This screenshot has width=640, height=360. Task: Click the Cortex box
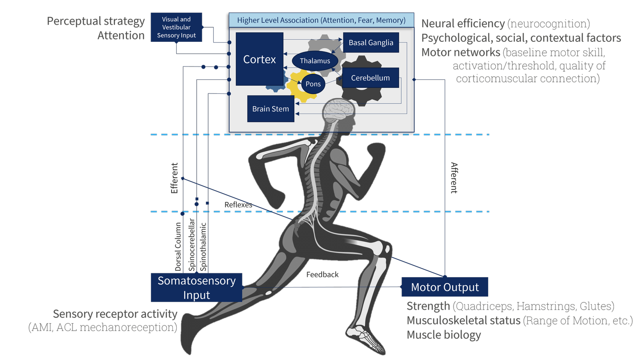[x=259, y=59]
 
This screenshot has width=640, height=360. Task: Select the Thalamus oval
[x=315, y=61]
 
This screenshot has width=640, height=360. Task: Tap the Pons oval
[x=313, y=84]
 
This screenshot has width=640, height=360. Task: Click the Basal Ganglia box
[x=371, y=43]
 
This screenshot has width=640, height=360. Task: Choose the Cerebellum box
[x=370, y=78]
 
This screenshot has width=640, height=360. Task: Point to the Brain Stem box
[x=271, y=109]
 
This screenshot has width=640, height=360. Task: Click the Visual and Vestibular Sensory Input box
[x=176, y=27]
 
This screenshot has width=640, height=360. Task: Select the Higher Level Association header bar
[x=321, y=20]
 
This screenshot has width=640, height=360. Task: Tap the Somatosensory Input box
[x=196, y=287]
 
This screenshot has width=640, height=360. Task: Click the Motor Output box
[x=445, y=287]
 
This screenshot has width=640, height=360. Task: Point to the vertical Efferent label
[x=174, y=178]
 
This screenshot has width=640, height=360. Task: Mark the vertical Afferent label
[x=454, y=178]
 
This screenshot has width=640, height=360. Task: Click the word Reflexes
[x=238, y=205]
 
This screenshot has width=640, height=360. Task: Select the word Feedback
[x=323, y=275]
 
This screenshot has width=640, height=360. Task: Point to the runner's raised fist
[x=377, y=150]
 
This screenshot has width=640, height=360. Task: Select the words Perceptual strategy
[x=96, y=21]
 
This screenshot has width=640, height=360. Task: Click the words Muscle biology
[x=444, y=335]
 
